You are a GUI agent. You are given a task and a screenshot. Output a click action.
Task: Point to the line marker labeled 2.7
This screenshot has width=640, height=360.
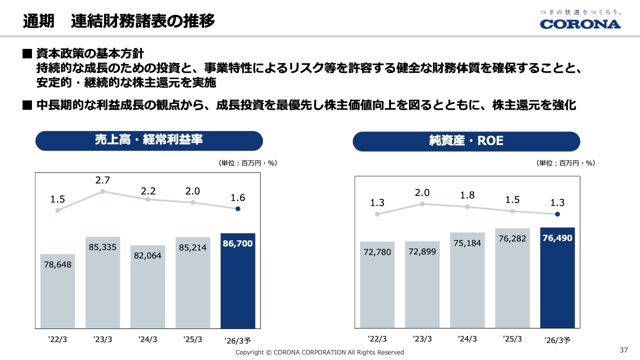point(102,191)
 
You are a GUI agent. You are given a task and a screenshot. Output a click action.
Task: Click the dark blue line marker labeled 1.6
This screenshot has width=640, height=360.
point(238,209)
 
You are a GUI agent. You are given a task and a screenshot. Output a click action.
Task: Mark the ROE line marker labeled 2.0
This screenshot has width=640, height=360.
point(422,204)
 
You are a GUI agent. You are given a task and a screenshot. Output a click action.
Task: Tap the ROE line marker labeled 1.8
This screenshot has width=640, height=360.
point(467,206)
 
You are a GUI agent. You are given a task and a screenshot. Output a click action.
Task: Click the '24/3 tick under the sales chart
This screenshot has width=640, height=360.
point(147,339)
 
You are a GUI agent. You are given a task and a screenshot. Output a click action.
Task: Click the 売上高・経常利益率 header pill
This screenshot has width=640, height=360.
point(149,140)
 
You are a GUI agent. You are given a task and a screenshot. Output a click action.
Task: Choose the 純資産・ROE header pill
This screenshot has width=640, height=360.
point(466,141)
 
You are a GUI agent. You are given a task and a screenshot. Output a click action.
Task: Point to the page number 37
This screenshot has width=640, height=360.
point(623,349)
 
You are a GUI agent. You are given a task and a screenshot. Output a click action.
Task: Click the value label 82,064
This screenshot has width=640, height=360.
point(147,255)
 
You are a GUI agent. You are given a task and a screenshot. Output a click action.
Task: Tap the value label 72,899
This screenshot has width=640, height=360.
point(422,251)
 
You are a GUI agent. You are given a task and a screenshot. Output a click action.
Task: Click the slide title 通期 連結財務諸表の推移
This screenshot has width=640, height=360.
point(119,21)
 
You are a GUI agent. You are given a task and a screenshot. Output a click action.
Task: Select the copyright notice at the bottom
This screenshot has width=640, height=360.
point(319,352)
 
